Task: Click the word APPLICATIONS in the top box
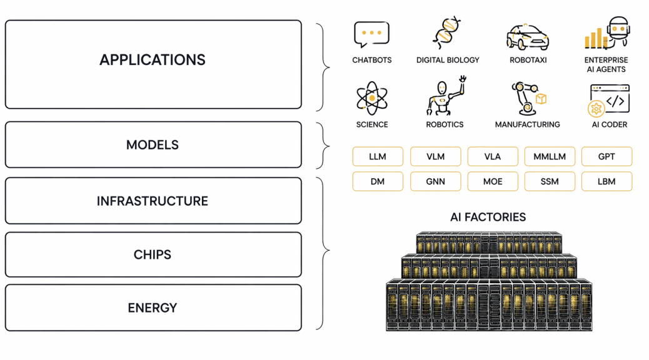153,60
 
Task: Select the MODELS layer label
153,145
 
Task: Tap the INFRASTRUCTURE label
153,201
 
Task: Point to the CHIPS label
153,254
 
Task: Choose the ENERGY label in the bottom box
153,307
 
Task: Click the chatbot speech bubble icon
371,34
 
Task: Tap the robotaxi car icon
528,37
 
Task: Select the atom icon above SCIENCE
371,98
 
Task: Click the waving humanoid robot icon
446,97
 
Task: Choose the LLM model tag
378,156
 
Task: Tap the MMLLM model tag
549,156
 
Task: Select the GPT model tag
606,156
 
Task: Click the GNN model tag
435,182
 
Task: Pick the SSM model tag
549,182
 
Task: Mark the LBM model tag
606,182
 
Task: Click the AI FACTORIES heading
488,217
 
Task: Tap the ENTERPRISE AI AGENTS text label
606,64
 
